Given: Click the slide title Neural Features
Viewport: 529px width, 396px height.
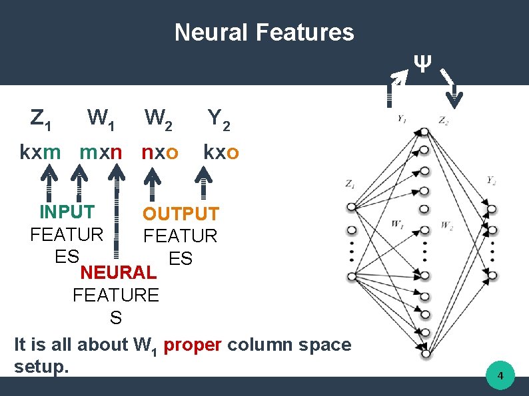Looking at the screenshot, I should (x=264, y=32).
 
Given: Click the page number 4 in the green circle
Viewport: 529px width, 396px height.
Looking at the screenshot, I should (x=500, y=378).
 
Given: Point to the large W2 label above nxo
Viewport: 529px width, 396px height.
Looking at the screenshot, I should (x=160, y=119).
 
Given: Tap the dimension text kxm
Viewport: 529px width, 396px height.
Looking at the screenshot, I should (x=40, y=152).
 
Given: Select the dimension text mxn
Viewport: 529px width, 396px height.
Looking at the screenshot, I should (x=101, y=152).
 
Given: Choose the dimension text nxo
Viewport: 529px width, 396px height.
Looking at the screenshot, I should (x=160, y=152).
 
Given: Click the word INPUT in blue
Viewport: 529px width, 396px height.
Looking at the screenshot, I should (x=67, y=212).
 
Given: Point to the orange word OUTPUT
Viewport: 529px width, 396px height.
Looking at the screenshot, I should (x=181, y=214).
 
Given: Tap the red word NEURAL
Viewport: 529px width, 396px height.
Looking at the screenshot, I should (x=119, y=272).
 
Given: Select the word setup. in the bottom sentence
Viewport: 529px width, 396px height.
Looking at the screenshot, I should (x=41, y=366).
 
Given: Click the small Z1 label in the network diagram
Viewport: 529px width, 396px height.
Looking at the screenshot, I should (x=350, y=184).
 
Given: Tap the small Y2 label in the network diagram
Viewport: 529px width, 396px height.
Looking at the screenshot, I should (x=491, y=180).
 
